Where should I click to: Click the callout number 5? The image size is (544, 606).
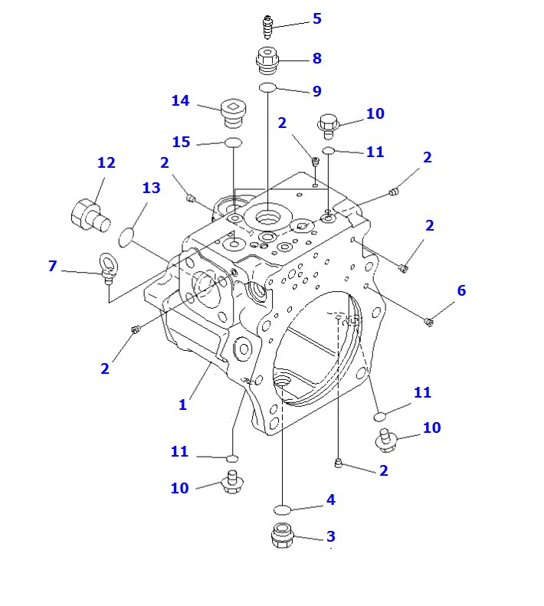point(316,18)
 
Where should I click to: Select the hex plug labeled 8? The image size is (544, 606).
point(267,58)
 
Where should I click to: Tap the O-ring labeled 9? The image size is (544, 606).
point(267,88)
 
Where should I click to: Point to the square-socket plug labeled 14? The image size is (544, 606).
point(231,112)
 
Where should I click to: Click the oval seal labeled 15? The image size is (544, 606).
point(233,142)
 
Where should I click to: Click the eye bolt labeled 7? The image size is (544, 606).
point(107,268)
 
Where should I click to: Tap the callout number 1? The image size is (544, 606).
point(182,405)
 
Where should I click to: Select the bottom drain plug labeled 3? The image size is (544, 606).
point(282,535)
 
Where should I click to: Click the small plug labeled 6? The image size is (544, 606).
point(430,322)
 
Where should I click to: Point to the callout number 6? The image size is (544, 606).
point(461,290)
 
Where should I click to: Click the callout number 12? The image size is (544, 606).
point(106,162)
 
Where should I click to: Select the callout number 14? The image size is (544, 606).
point(180,101)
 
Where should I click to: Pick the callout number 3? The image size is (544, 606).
point(331,536)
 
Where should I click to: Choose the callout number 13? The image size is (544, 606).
point(152,188)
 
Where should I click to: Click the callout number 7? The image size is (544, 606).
point(52,266)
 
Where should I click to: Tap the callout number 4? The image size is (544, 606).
point(330,500)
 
